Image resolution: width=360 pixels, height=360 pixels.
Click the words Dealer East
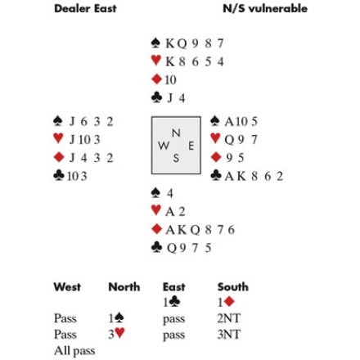tap(85, 8)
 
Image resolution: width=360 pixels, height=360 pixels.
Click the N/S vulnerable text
tap(265, 8)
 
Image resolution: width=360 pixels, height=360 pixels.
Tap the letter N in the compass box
tap(176, 133)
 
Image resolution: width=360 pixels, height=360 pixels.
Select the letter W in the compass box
tap(164, 146)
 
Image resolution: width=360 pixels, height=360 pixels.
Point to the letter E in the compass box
tap(191, 146)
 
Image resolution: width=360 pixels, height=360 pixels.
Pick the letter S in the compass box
tap(176, 158)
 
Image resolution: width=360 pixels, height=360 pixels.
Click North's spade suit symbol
tap(155, 43)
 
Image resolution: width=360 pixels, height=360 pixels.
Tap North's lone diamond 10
tap(170, 80)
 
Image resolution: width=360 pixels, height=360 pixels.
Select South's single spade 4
tap(170, 193)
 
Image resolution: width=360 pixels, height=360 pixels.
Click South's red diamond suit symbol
tap(156, 229)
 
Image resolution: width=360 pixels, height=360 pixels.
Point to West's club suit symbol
tap(59, 176)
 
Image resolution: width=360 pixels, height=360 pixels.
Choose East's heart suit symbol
tap(215, 138)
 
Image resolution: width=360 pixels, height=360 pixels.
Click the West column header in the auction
tap(67, 287)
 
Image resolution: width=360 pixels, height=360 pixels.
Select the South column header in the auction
tap(233, 287)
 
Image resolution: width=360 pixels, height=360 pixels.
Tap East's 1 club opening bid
tap(172, 302)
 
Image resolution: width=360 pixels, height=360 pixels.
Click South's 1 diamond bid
tap(226, 302)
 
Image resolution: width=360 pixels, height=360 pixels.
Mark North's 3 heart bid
tap(116, 334)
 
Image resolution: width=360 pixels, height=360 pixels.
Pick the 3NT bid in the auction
tap(229, 335)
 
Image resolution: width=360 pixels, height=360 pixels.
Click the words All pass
tap(74, 351)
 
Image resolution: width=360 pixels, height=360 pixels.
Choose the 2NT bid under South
tap(229, 318)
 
